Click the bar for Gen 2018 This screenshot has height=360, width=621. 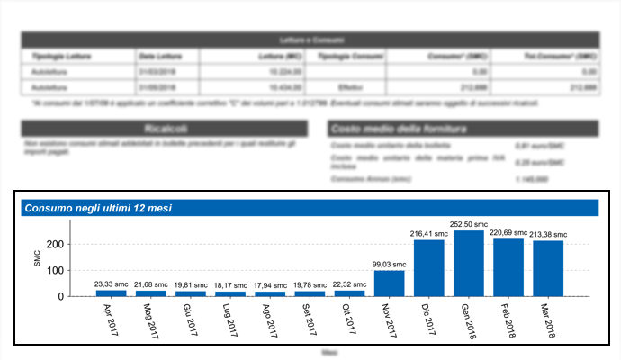click(x=469, y=263)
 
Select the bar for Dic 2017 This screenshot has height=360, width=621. click(x=429, y=268)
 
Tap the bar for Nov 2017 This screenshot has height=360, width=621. click(x=389, y=283)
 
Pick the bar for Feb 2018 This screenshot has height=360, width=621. click(x=508, y=267)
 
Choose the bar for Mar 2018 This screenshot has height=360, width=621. click(x=548, y=268)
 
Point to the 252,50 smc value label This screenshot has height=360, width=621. click(x=469, y=224)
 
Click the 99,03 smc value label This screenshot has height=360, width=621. click(x=389, y=264)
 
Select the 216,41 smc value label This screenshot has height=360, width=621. click(x=429, y=233)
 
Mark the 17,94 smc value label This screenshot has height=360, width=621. click(x=270, y=284)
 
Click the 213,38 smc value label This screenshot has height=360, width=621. click(x=548, y=234)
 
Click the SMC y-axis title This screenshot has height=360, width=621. click(x=37, y=261)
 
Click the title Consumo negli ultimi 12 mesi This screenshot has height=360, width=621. click(x=98, y=208)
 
